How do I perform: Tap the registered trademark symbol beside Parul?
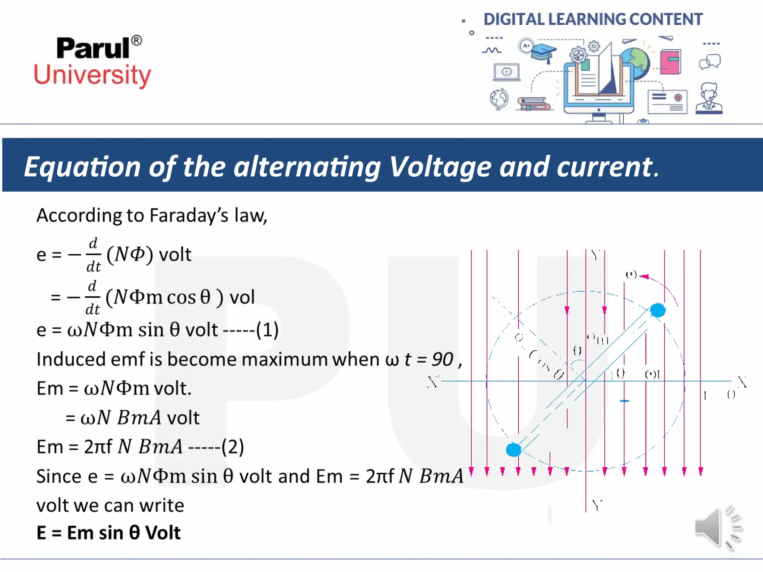(x=137, y=40)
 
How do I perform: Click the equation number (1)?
(x=267, y=330)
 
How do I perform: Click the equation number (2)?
(x=233, y=447)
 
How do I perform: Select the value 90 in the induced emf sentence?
(x=442, y=359)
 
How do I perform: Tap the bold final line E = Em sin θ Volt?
(x=108, y=533)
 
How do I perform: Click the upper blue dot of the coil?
(x=658, y=310)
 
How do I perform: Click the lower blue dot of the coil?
(x=513, y=449)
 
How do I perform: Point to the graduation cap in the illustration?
(x=543, y=52)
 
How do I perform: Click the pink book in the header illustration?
(x=670, y=62)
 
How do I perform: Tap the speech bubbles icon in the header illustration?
(x=710, y=62)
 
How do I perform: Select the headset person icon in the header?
(x=709, y=98)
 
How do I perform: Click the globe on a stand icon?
(x=499, y=99)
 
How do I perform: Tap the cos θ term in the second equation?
(x=189, y=297)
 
